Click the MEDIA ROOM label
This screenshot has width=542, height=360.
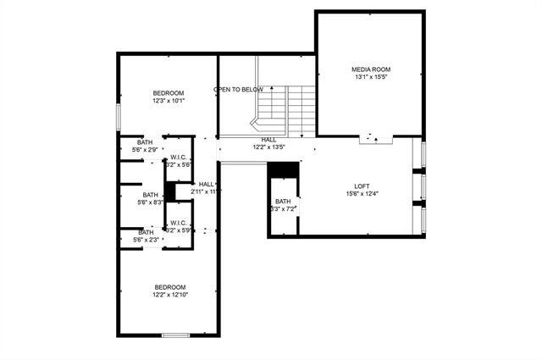(371, 69)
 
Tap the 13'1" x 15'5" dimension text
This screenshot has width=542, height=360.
(371, 77)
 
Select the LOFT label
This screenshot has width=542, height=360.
(362, 186)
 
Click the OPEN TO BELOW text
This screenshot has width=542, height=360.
(238, 89)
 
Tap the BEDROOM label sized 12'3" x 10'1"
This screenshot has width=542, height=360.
(169, 92)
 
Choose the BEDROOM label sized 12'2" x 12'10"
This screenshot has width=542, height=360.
(169, 287)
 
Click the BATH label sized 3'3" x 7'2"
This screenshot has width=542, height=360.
(282, 202)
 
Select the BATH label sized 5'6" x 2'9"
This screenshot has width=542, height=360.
(146, 142)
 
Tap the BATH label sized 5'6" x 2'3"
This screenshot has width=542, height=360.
(146, 232)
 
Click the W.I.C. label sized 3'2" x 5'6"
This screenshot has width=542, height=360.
(178, 157)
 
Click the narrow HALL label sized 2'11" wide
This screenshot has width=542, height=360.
(206, 184)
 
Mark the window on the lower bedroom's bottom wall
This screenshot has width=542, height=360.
(175, 336)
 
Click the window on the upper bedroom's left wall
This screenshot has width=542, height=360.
(118, 116)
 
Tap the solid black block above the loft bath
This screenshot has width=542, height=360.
(281, 169)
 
